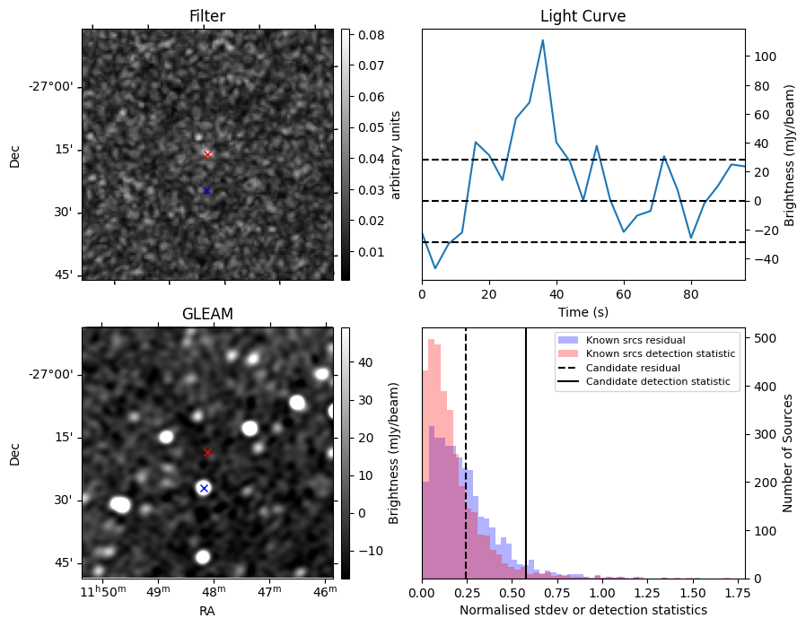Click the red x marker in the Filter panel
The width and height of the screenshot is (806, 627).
tap(207, 154)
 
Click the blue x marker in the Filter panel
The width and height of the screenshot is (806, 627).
tap(206, 190)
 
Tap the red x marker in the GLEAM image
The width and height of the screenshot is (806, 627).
tap(207, 452)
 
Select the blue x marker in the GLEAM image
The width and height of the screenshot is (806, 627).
tap(204, 488)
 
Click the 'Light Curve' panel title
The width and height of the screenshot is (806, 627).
tap(583, 16)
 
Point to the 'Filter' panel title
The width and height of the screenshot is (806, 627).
tap(207, 16)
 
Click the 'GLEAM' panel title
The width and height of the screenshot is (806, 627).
tap(207, 314)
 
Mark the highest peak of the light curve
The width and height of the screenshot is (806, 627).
tap(543, 39)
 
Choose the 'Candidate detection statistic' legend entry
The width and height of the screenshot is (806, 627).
tap(657, 382)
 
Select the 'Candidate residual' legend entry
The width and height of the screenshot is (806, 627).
tap(633, 368)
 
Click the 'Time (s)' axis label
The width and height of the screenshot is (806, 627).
tap(583, 312)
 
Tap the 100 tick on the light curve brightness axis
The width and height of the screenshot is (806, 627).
tap(764, 56)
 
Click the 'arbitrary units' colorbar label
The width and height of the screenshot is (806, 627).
tap(395, 154)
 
